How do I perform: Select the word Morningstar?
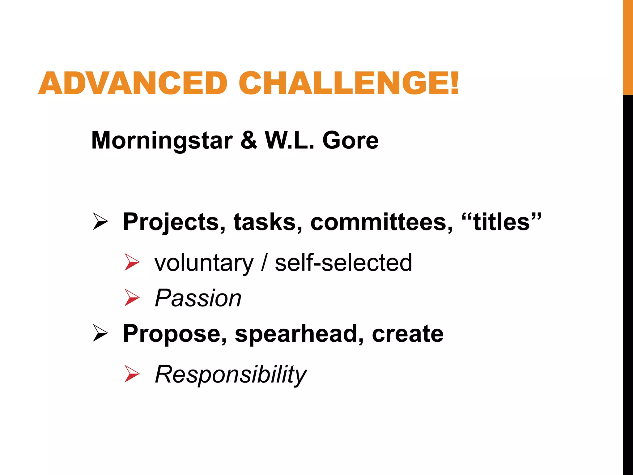(x=162, y=141)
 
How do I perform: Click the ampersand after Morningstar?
(x=249, y=140)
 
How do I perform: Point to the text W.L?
(x=290, y=140)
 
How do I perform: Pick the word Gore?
(x=350, y=140)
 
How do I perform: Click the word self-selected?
(x=343, y=263)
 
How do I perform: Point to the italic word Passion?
(x=198, y=298)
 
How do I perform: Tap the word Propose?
(x=175, y=334)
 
